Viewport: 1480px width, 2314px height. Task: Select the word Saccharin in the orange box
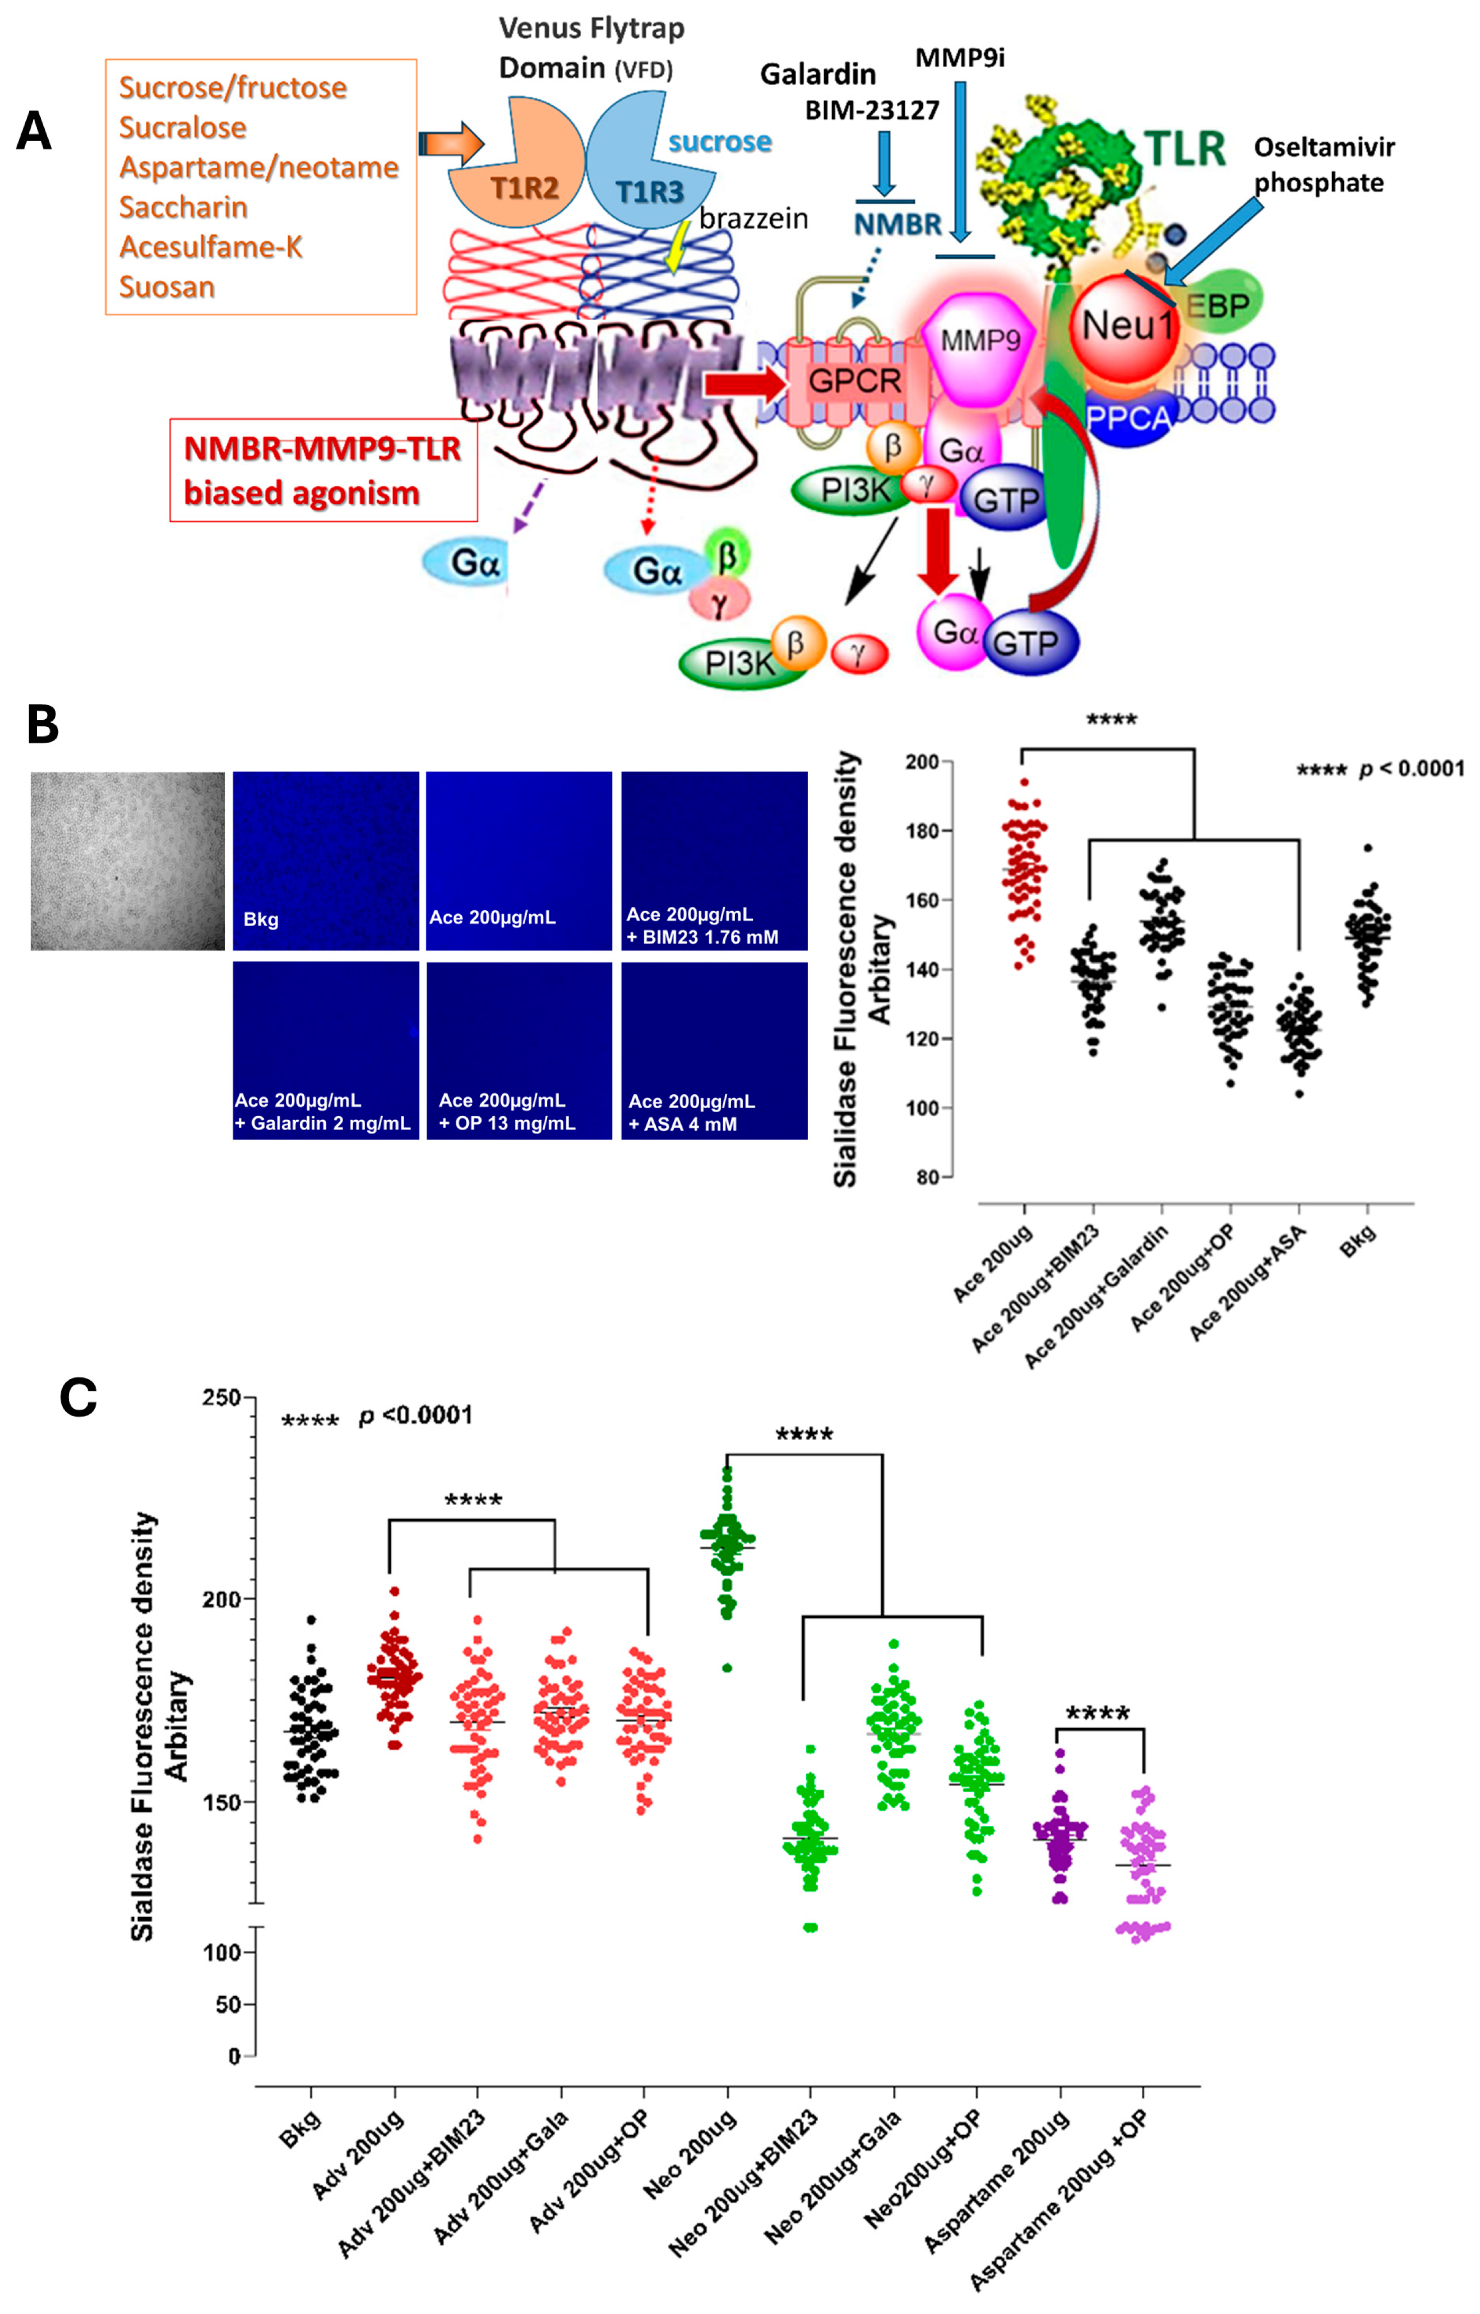click(183, 207)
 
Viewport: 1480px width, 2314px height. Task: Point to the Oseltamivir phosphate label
click(1324, 164)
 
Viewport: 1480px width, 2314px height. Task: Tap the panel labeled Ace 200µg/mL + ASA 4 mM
click(714, 1050)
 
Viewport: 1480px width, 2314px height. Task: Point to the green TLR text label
click(1186, 150)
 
